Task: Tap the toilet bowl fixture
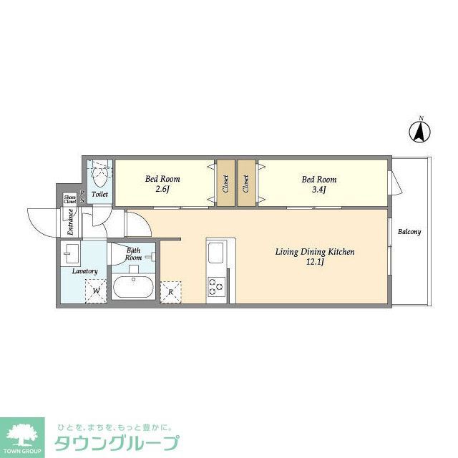99,173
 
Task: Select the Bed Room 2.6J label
162,184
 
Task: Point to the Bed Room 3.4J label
318,184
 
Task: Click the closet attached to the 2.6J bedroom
225,184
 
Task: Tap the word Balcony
409,232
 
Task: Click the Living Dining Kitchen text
316,252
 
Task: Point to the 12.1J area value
316,263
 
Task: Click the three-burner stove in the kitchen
215,287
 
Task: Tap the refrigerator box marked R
170,291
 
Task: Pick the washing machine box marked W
95,291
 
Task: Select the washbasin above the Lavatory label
72,253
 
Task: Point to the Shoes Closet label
69,200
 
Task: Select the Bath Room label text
134,253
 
